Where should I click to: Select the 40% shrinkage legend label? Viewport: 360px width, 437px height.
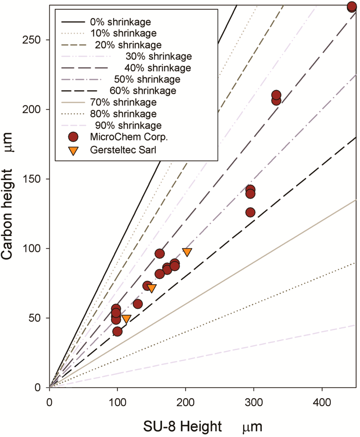(157, 68)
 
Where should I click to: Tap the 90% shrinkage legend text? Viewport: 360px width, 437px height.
(128, 125)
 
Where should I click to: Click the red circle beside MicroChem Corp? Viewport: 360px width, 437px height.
(73, 137)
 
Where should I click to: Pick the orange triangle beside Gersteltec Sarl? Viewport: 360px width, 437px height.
(73, 150)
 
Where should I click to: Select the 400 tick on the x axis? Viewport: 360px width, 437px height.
(322, 402)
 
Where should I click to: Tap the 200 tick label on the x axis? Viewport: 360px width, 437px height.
(186, 402)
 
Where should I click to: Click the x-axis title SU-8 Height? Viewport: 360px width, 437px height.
(182, 426)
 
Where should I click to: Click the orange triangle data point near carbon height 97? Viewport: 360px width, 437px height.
(187, 252)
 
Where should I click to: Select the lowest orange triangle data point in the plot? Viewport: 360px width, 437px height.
(127, 319)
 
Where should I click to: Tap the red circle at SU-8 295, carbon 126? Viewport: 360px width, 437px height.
(250, 213)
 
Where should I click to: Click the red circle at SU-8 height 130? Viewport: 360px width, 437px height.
(138, 304)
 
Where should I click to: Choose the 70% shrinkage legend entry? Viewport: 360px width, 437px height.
(123, 102)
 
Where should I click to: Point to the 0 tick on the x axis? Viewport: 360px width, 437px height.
(49, 402)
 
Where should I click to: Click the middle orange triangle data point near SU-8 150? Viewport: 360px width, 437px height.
(152, 288)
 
